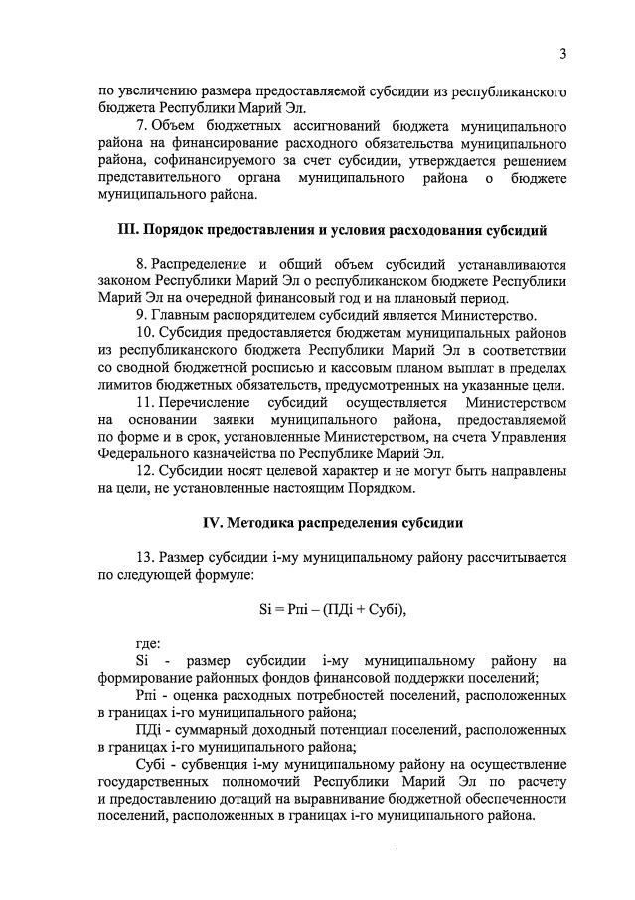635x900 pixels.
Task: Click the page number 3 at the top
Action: (562, 54)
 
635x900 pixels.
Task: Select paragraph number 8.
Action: (141, 264)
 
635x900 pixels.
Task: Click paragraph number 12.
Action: (145, 470)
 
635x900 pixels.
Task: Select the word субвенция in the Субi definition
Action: (217, 764)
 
